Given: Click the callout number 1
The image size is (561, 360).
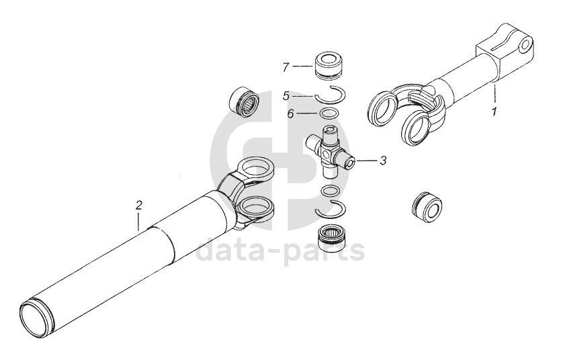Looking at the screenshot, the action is coord(494,112).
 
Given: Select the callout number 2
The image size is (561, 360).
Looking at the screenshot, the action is coord(139,206).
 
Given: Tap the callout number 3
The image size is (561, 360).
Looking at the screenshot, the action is coord(383,161).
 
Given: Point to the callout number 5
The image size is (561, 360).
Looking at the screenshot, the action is coord(286,96).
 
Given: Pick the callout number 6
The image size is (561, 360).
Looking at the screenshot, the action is coord(290,114).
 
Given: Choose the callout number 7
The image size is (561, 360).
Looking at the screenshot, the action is coord(286,67).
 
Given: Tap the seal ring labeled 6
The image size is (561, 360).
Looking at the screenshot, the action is coord(329,113).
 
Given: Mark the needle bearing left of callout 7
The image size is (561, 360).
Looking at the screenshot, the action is coord(244,98).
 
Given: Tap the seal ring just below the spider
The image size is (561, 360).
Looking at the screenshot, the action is coord(331,191).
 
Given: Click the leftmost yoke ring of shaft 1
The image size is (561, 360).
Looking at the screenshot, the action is coord(383,108).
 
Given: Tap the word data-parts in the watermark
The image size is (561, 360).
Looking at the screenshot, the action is coord(281,250).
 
